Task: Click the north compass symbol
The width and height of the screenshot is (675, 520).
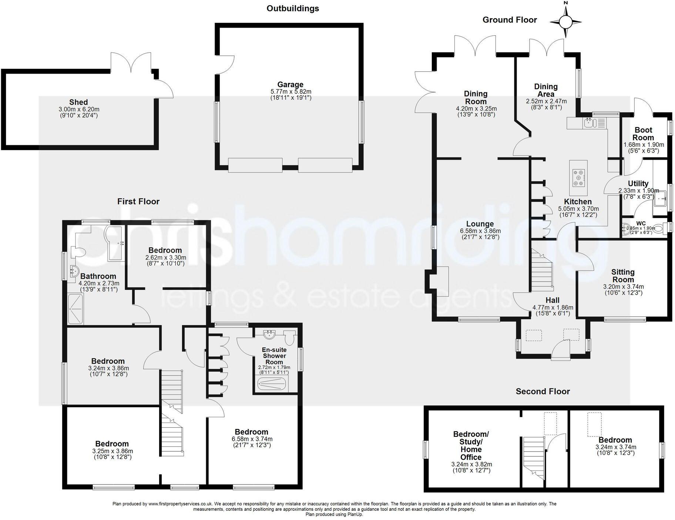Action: click(x=565, y=21)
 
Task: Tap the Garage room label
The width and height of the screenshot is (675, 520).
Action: click(x=291, y=85)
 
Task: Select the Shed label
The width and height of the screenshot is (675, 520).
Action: click(x=78, y=102)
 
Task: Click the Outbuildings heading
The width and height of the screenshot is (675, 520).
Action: click(x=293, y=8)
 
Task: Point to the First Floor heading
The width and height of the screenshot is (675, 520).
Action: click(x=138, y=201)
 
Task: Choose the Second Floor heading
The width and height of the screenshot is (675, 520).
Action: click(x=543, y=391)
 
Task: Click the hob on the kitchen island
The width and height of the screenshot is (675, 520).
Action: click(x=578, y=177)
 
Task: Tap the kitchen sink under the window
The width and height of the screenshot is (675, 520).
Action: click(x=588, y=122)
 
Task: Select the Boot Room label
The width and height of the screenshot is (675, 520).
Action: click(x=644, y=134)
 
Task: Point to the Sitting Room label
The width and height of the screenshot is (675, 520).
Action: click(x=623, y=276)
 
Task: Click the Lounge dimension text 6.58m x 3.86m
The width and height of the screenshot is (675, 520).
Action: click(x=480, y=231)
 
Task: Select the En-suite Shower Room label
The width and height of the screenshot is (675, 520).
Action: click(x=274, y=356)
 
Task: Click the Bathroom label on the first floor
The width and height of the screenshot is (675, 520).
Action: click(x=98, y=276)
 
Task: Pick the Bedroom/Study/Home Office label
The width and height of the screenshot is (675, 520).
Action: click(x=471, y=445)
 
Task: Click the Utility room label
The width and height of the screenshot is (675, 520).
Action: click(x=638, y=184)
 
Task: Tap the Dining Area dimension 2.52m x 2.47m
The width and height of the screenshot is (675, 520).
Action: click(x=546, y=101)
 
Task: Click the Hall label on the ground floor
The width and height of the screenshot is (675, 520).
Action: click(x=553, y=300)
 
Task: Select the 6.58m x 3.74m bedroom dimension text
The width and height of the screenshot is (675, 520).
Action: click(x=252, y=439)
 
